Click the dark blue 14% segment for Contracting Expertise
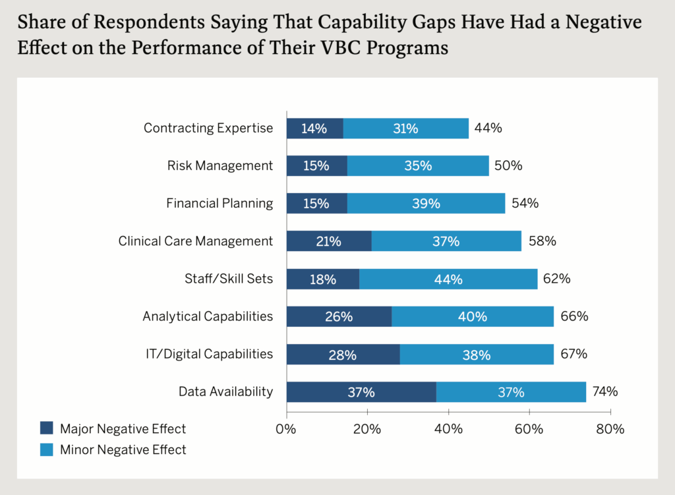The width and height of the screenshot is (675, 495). [x=314, y=129]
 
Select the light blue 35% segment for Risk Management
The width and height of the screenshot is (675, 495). [x=418, y=166]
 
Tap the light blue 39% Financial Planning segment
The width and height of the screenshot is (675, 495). [x=426, y=204]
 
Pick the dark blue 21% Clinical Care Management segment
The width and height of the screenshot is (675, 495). [x=328, y=241]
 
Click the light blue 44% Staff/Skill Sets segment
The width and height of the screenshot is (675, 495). [x=448, y=279]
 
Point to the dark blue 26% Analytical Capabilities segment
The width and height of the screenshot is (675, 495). [x=339, y=316]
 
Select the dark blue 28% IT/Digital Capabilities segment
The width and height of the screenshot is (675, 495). [x=343, y=355]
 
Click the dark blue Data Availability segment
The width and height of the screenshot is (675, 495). [x=361, y=392]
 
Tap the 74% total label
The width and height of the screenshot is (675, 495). [x=604, y=392]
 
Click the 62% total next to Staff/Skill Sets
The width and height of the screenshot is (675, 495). [x=556, y=279]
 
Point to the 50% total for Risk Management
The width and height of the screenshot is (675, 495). [x=509, y=166]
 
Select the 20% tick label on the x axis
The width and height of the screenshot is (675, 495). [x=367, y=430]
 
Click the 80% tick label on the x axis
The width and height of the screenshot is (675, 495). [x=610, y=430]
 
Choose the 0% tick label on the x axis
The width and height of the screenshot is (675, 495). [x=286, y=430]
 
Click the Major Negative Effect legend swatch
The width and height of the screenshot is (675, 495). [x=47, y=429]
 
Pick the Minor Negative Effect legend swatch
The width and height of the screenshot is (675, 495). [x=47, y=450]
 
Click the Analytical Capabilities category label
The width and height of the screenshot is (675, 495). [x=208, y=316]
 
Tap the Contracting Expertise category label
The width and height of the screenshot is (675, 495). [x=208, y=129]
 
